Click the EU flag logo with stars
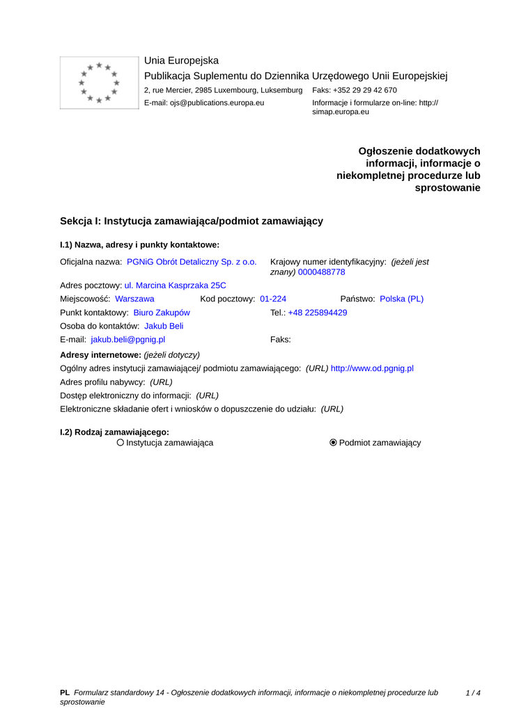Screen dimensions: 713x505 (x=99, y=83)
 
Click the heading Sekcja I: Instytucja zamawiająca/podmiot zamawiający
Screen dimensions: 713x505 (x=192, y=221)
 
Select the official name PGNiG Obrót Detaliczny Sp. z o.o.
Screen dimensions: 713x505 (x=192, y=262)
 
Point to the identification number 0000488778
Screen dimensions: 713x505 (x=321, y=272)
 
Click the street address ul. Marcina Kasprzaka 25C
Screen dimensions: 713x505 (x=175, y=285)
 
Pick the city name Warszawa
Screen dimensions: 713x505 (x=134, y=299)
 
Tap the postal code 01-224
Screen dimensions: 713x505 (x=273, y=299)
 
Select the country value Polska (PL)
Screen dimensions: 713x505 (x=401, y=299)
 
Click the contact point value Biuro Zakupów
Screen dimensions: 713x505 (x=162, y=313)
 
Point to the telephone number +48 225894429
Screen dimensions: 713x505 (x=318, y=313)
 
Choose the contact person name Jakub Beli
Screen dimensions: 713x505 (x=164, y=326)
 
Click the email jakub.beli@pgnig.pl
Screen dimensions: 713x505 (x=128, y=340)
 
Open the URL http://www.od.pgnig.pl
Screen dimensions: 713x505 (x=372, y=368)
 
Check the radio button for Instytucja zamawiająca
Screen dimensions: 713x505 (x=121, y=442)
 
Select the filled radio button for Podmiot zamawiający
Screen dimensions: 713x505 (x=333, y=442)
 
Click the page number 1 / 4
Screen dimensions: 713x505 (x=473, y=693)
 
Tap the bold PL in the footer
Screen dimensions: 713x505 (x=65, y=693)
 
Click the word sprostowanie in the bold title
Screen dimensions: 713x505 (x=447, y=188)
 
